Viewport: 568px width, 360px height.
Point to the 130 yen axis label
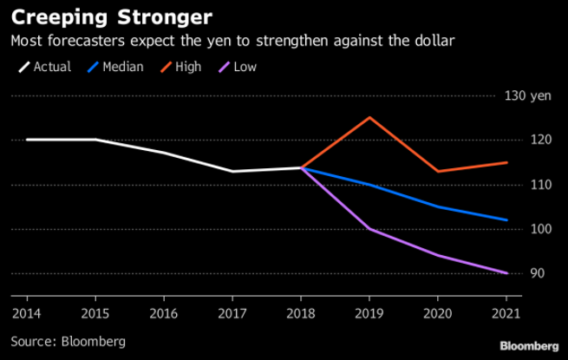point(526,95)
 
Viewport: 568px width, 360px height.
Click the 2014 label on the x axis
point(26,311)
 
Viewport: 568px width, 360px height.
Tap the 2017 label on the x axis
point(232,311)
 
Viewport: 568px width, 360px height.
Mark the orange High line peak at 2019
point(370,117)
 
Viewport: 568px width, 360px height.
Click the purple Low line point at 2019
point(370,229)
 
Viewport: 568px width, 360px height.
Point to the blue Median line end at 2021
point(507,219)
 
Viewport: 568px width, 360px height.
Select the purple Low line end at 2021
point(507,273)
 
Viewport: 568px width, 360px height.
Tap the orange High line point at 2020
point(439,171)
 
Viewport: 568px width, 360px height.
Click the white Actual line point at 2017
point(232,171)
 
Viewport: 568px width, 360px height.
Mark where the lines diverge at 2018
point(302,167)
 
